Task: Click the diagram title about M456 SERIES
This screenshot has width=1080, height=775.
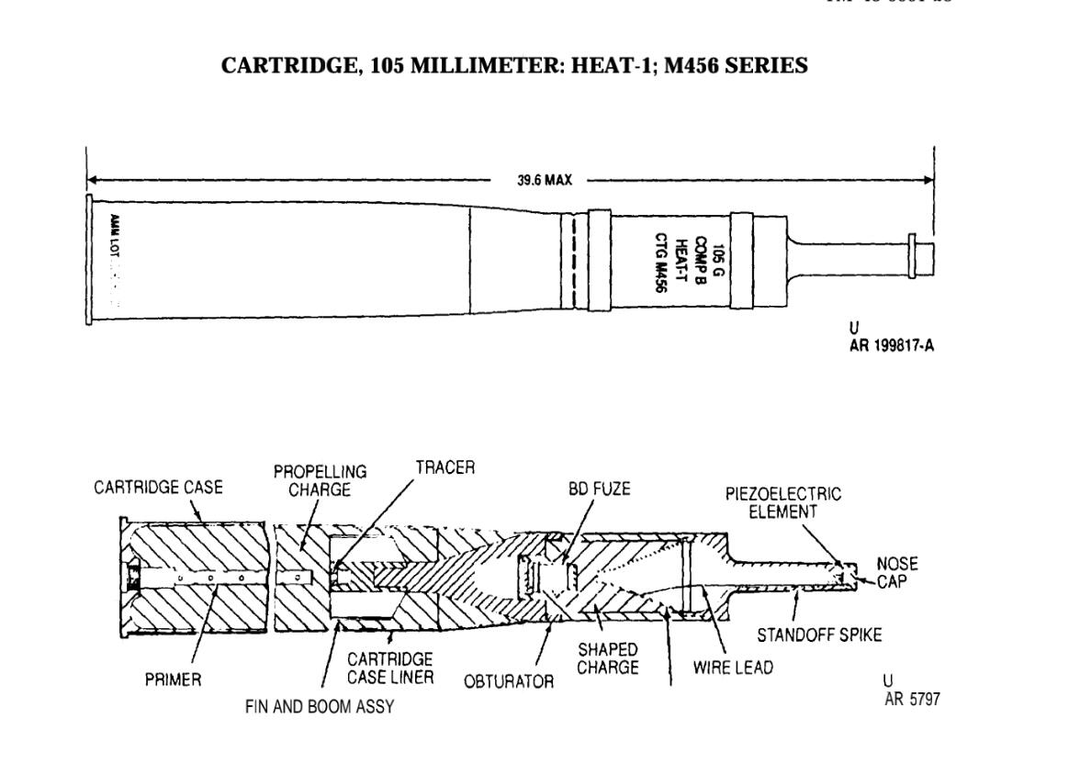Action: (515, 66)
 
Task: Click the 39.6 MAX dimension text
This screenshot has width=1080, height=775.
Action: (544, 180)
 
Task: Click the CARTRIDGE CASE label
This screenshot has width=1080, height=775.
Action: (158, 488)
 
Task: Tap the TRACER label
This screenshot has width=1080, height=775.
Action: (445, 467)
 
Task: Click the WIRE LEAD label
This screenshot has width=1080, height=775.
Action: (732, 668)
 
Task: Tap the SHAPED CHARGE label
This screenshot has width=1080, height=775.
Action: (607, 658)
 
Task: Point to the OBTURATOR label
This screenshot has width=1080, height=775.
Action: (509, 681)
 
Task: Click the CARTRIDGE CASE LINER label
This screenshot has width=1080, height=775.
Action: (390, 668)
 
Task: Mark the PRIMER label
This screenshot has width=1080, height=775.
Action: (174, 680)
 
